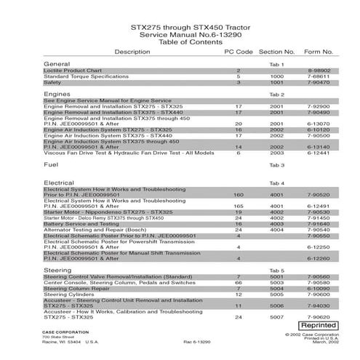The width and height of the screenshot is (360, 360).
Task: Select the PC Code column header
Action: (x=238, y=52)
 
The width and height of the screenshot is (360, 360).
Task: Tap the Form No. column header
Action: (x=318, y=52)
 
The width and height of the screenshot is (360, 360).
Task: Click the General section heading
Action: (x=57, y=65)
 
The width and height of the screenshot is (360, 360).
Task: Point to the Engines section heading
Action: (x=57, y=95)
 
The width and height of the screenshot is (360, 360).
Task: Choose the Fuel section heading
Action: (x=51, y=165)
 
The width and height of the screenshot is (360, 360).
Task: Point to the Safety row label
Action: (x=52, y=83)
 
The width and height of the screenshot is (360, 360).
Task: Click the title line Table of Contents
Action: (x=180, y=41)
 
